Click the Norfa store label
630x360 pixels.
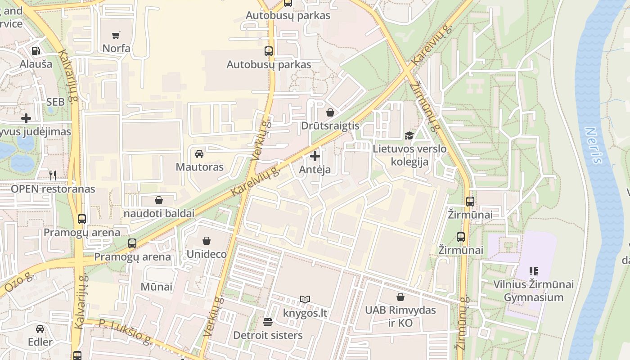(117, 48)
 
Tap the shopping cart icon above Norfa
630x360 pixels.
(116, 35)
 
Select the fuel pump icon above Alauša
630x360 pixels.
(36, 51)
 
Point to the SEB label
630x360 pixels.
(55, 102)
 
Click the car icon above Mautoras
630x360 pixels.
(199, 154)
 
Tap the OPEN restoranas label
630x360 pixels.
(53, 189)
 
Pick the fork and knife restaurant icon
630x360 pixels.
(53, 175)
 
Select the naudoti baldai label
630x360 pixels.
(159, 213)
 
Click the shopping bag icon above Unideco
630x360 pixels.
(207, 241)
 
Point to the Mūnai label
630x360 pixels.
(156, 287)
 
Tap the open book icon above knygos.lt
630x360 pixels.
(305, 299)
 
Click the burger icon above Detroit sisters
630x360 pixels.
(268, 322)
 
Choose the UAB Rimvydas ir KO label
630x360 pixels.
(400, 316)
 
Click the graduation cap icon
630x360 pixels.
(409, 135)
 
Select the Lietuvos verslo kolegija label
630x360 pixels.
(409, 155)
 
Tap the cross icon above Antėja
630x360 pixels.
(315, 156)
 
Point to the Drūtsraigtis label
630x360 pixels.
(330, 126)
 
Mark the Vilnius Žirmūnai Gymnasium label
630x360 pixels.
(533, 291)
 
